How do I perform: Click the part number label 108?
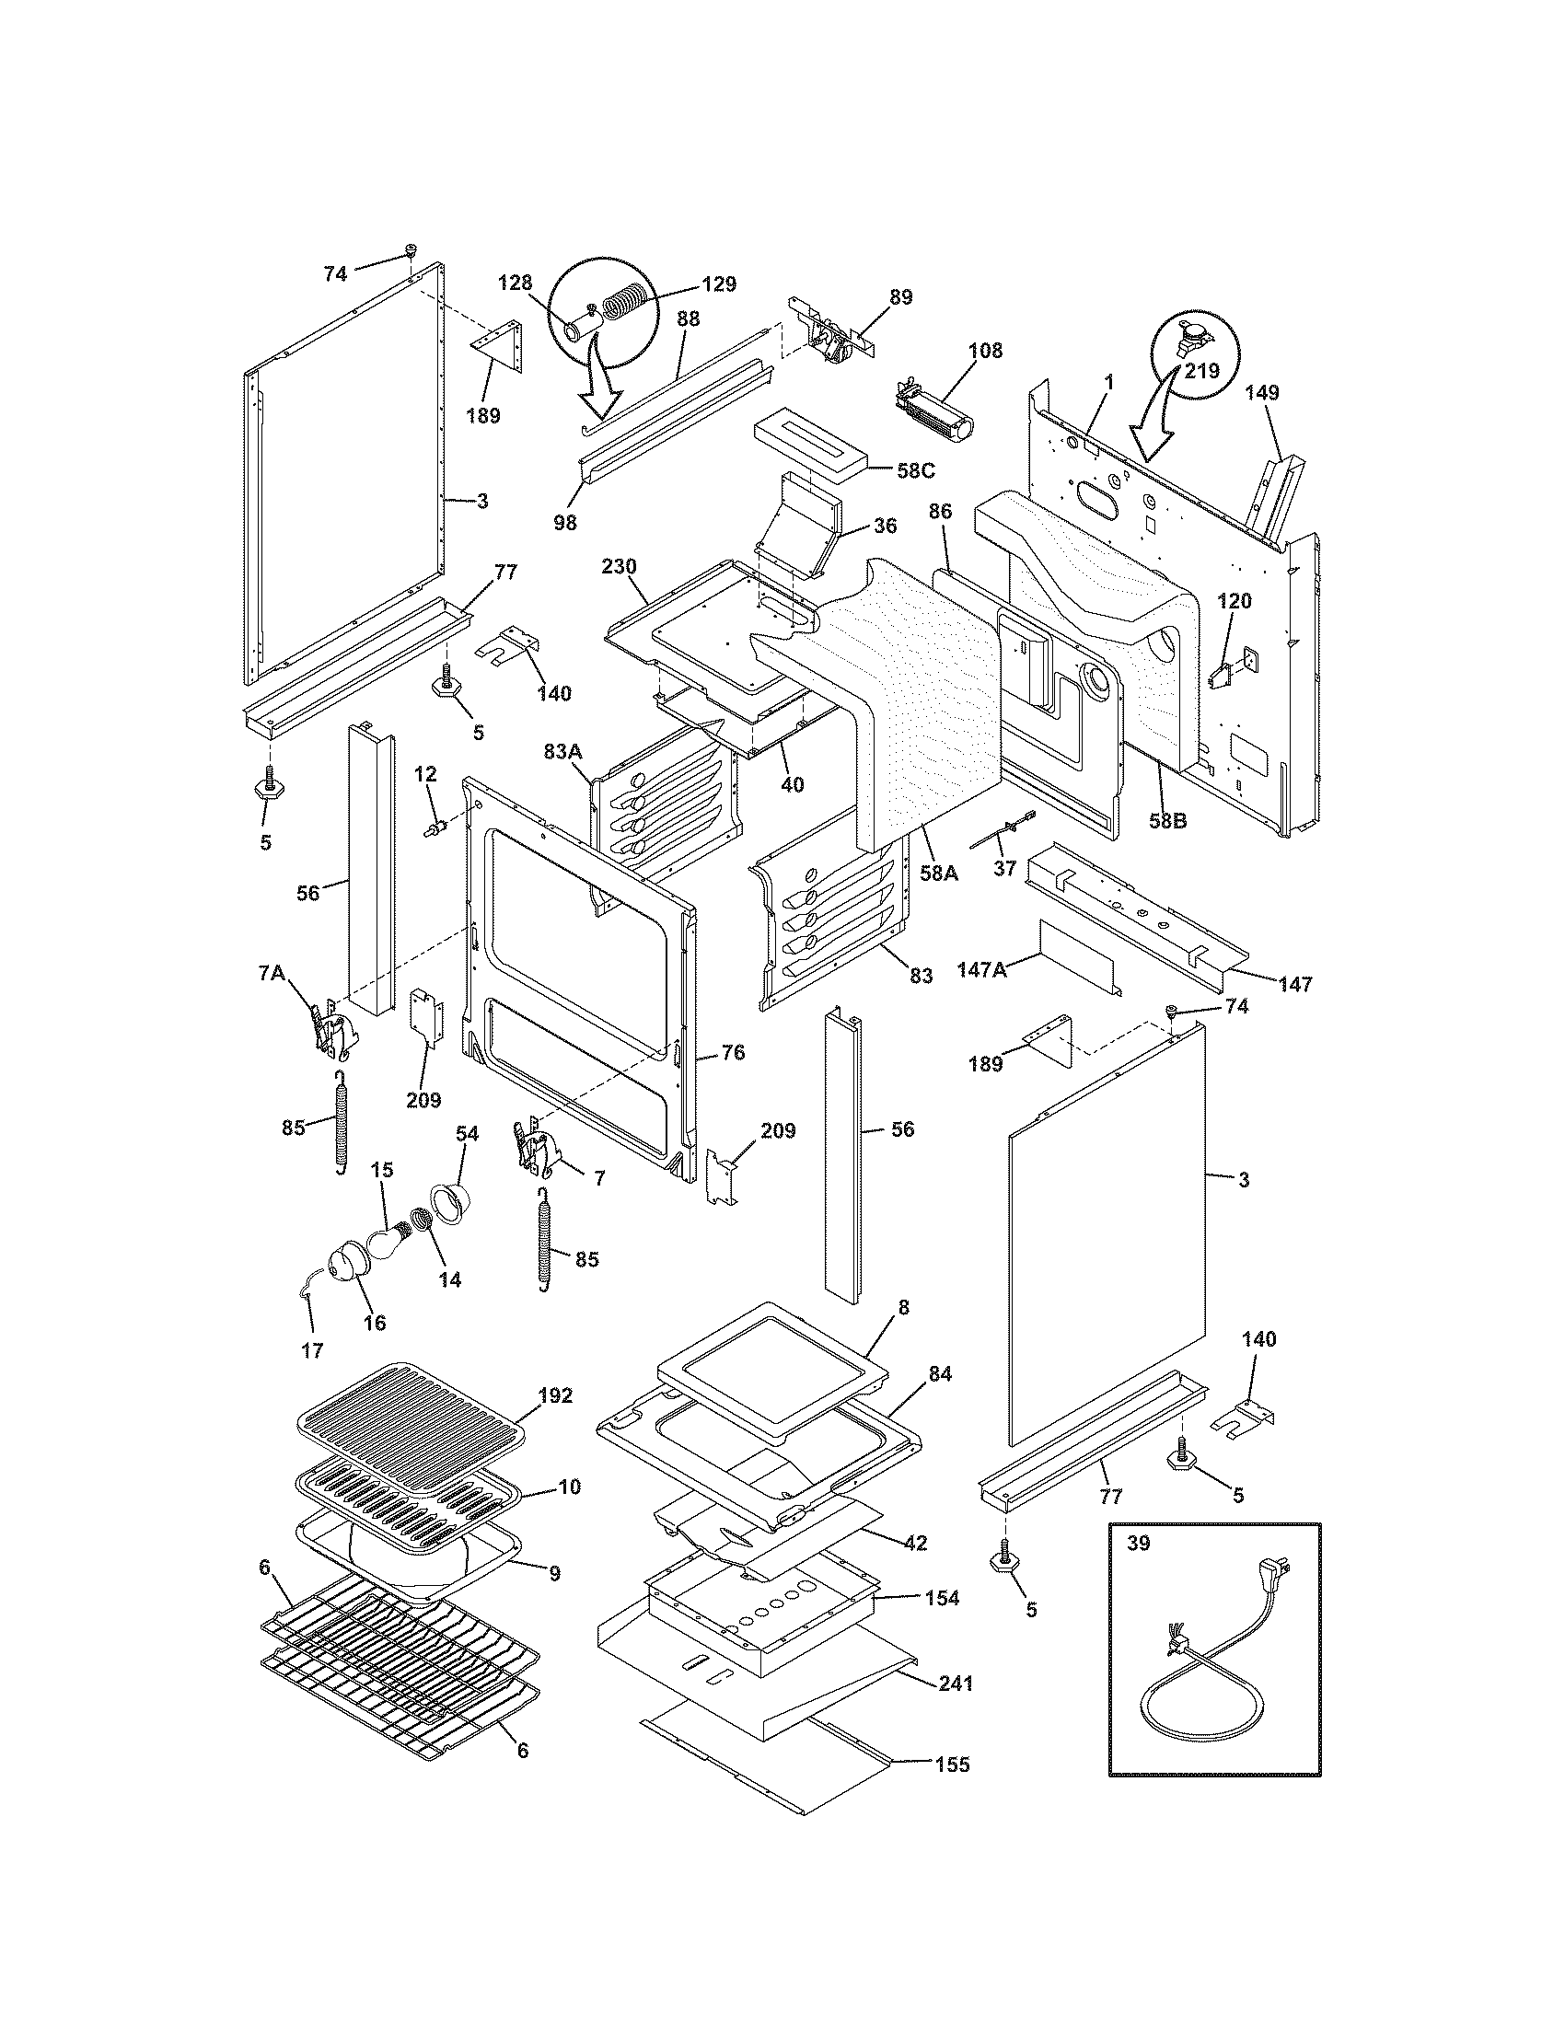985,351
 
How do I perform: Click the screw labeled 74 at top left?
411,250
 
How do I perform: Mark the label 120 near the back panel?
1234,601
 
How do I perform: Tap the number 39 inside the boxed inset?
1138,1543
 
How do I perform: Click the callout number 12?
424,773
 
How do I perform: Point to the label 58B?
1166,820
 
